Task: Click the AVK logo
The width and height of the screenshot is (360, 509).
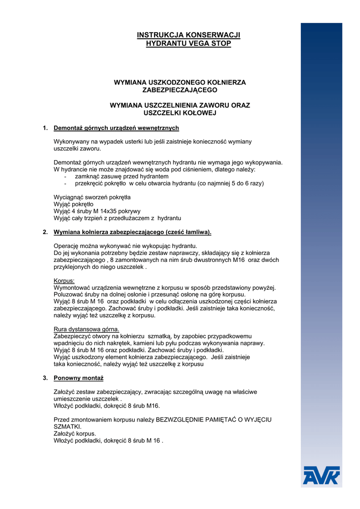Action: point(321,475)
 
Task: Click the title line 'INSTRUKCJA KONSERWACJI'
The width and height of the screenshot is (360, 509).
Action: point(188,35)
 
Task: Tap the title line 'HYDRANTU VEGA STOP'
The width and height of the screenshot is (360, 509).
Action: point(188,43)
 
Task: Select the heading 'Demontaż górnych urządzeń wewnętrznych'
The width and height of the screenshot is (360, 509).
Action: point(116,128)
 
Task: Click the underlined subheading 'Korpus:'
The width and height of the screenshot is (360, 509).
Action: point(64,281)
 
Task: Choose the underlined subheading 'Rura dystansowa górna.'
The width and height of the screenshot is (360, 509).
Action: point(86,330)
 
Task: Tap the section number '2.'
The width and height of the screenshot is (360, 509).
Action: point(45,232)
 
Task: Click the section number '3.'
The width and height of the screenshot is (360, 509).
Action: point(45,378)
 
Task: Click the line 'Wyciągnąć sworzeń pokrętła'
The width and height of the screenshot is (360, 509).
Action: point(92,197)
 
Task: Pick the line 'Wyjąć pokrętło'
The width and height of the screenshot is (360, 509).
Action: point(73,204)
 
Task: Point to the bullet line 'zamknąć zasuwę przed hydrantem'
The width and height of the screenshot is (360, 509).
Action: point(121,176)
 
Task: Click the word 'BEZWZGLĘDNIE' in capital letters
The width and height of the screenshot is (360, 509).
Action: point(179,420)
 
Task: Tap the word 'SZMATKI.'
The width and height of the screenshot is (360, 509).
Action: point(67,426)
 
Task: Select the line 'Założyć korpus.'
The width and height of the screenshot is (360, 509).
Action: point(75,433)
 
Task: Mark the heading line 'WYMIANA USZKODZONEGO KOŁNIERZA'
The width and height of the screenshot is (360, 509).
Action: point(180,82)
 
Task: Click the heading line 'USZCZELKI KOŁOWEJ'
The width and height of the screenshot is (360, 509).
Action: point(180,113)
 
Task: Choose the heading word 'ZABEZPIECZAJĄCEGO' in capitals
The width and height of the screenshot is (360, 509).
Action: point(180,90)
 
